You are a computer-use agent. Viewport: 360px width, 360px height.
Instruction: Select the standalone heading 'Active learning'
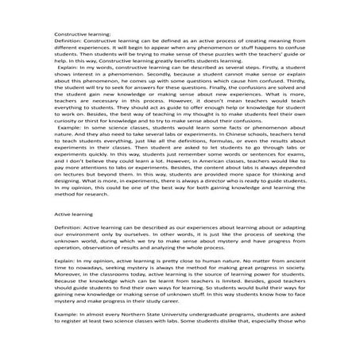73,214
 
